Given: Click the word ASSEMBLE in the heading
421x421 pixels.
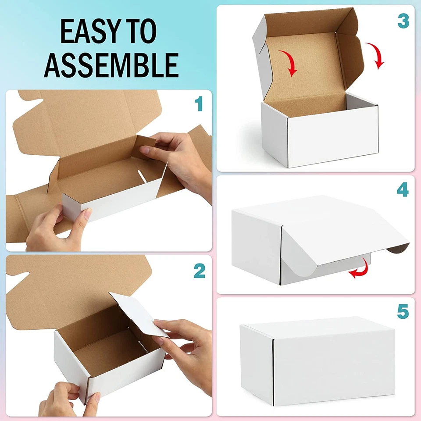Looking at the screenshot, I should tap(111, 64).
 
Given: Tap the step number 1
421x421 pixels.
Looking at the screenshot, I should tap(199, 104).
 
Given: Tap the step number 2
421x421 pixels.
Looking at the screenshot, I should tap(199, 271).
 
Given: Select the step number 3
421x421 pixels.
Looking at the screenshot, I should tap(403, 21).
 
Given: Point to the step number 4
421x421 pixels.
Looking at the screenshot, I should tap(403, 190).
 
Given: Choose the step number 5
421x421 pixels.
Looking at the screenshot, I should tap(403, 312).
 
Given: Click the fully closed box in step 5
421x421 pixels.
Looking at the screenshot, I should tap(318, 360).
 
